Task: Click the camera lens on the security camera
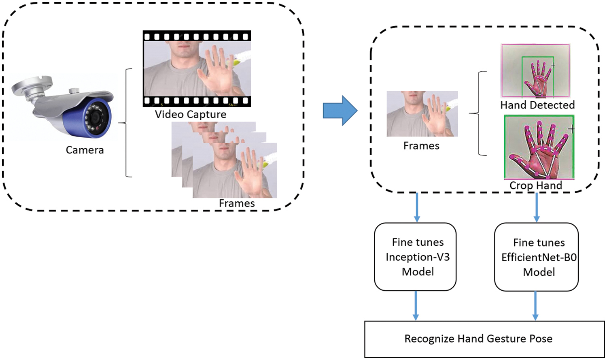96,117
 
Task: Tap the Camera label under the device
85,150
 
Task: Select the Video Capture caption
191,114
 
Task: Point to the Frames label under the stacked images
237,203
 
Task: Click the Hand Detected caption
537,105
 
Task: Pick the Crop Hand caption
536,185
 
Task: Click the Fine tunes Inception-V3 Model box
416,257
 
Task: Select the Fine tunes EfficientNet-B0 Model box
537,257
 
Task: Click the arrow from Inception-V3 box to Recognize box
416,306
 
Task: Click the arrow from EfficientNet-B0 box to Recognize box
535,306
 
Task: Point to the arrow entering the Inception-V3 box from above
417,207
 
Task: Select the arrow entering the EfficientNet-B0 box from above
537,207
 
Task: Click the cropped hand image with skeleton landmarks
539,148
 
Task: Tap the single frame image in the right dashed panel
422,113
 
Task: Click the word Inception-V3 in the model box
418,257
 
